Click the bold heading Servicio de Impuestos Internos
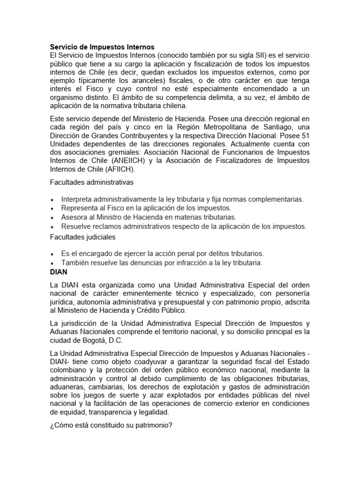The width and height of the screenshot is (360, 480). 102,47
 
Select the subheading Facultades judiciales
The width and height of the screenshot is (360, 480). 83,237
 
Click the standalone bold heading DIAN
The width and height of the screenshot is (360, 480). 59,271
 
